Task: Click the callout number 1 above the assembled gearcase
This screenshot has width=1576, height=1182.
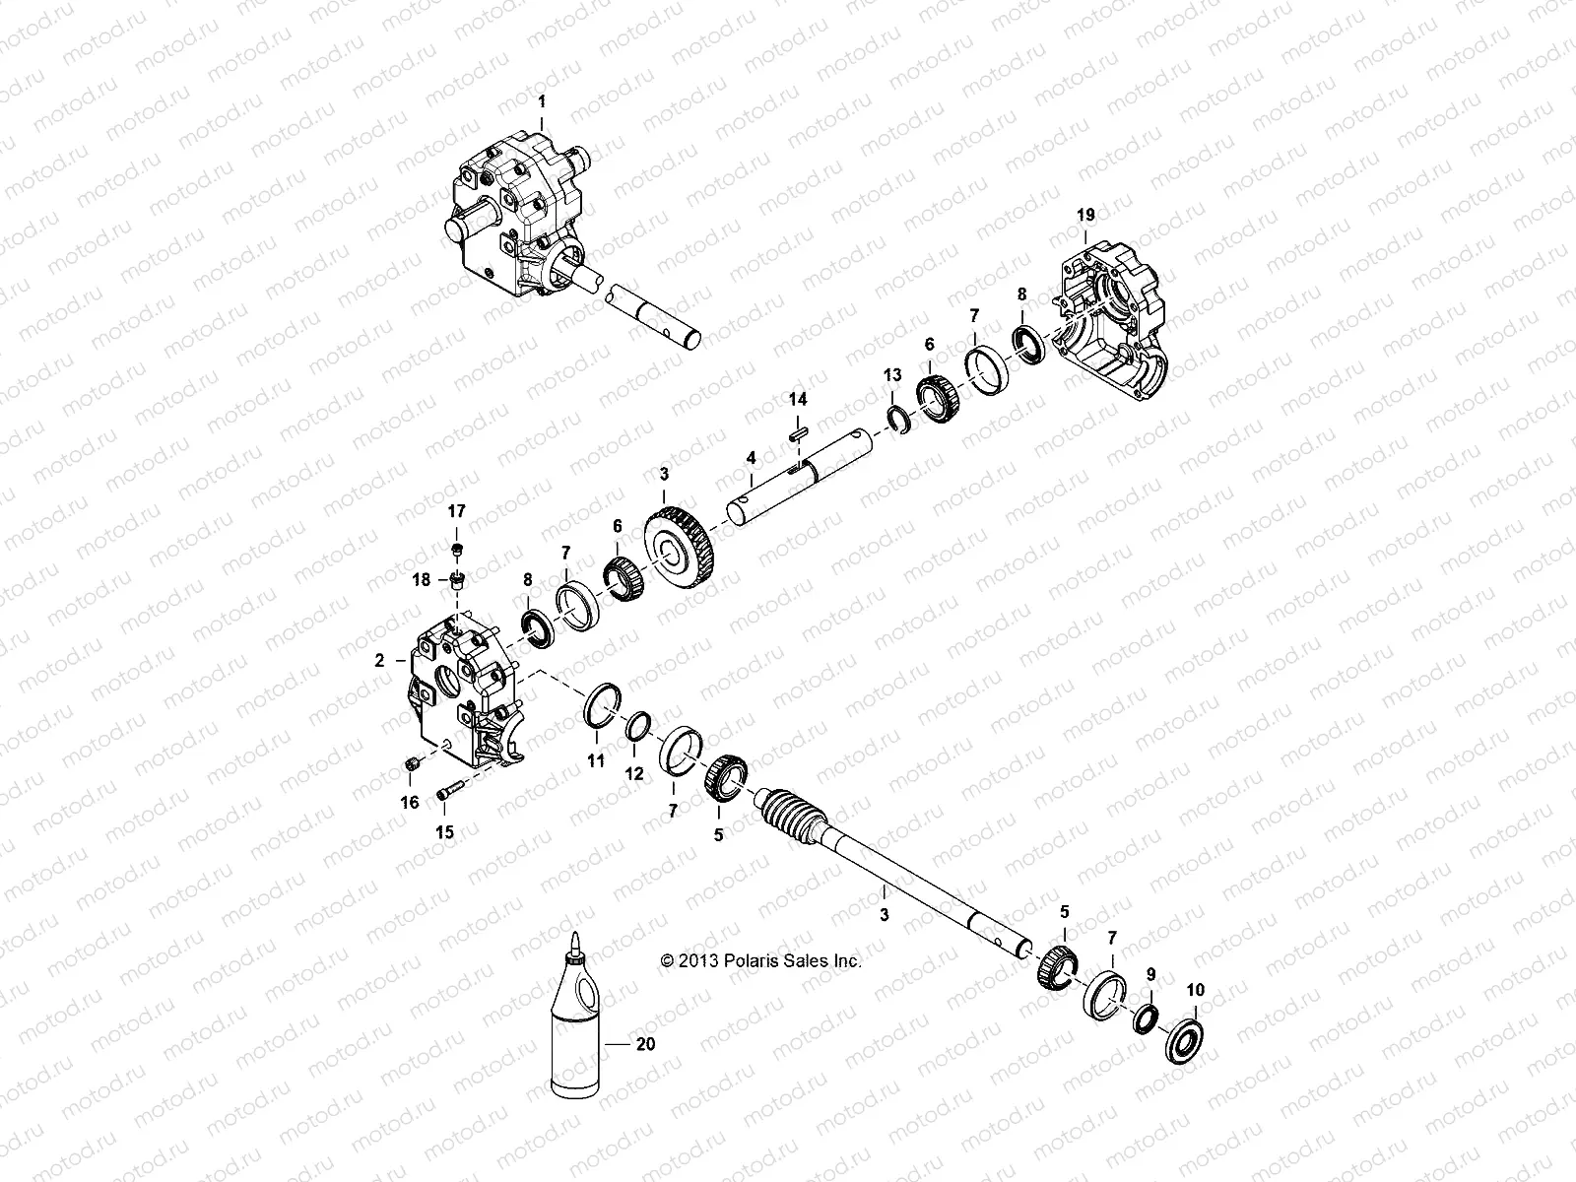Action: coord(540,100)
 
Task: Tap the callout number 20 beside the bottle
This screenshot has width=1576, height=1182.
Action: coord(645,1045)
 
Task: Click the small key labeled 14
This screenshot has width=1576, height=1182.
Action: coord(798,429)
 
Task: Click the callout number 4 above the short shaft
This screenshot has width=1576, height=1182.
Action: coord(751,458)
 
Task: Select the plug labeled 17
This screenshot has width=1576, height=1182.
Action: coord(457,548)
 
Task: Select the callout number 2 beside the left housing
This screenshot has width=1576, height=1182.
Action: coord(380,661)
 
